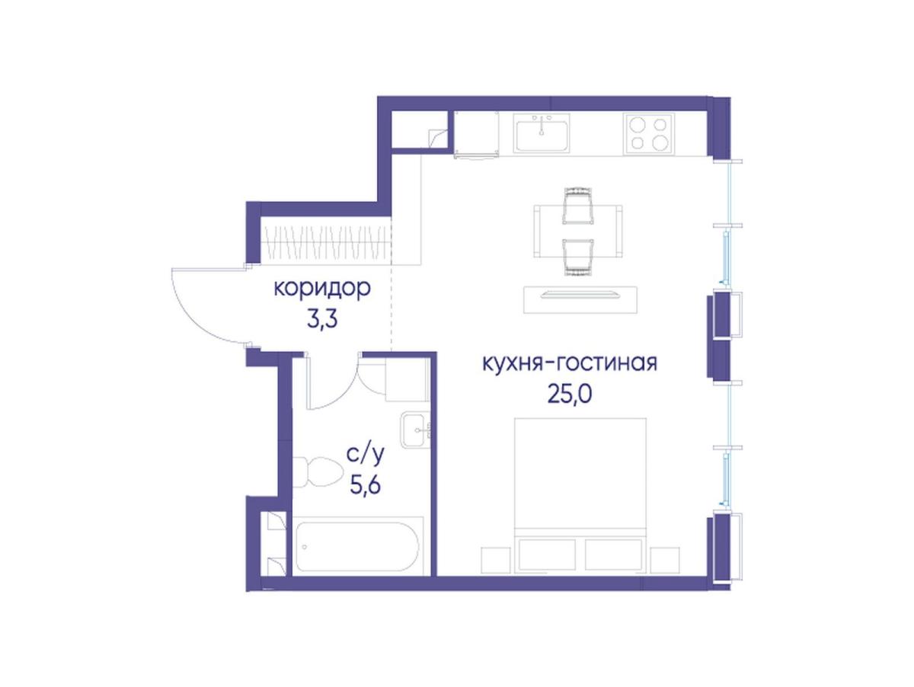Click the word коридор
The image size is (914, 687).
(x=322, y=289)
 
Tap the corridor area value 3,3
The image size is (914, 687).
(x=322, y=321)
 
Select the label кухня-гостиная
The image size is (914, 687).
(x=570, y=363)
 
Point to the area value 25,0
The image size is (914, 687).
(x=569, y=395)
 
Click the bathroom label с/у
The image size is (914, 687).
(x=366, y=455)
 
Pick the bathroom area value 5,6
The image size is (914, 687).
(x=365, y=484)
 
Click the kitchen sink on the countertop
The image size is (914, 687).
(x=541, y=133)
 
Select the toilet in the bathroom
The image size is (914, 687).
(x=318, y=472)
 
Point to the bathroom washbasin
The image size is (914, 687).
(x=416, y=430)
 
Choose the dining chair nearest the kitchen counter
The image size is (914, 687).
(x=577, y=206)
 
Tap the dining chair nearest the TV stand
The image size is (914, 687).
(x=577, y=257)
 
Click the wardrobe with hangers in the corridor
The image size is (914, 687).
(x=325, y=241)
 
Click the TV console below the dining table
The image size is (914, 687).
(x=580, y=300)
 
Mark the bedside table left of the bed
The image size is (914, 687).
(x=496, y=560)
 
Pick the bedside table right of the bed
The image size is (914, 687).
(x=665, y=560)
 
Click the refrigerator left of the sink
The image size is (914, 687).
(x=476, y=134)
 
